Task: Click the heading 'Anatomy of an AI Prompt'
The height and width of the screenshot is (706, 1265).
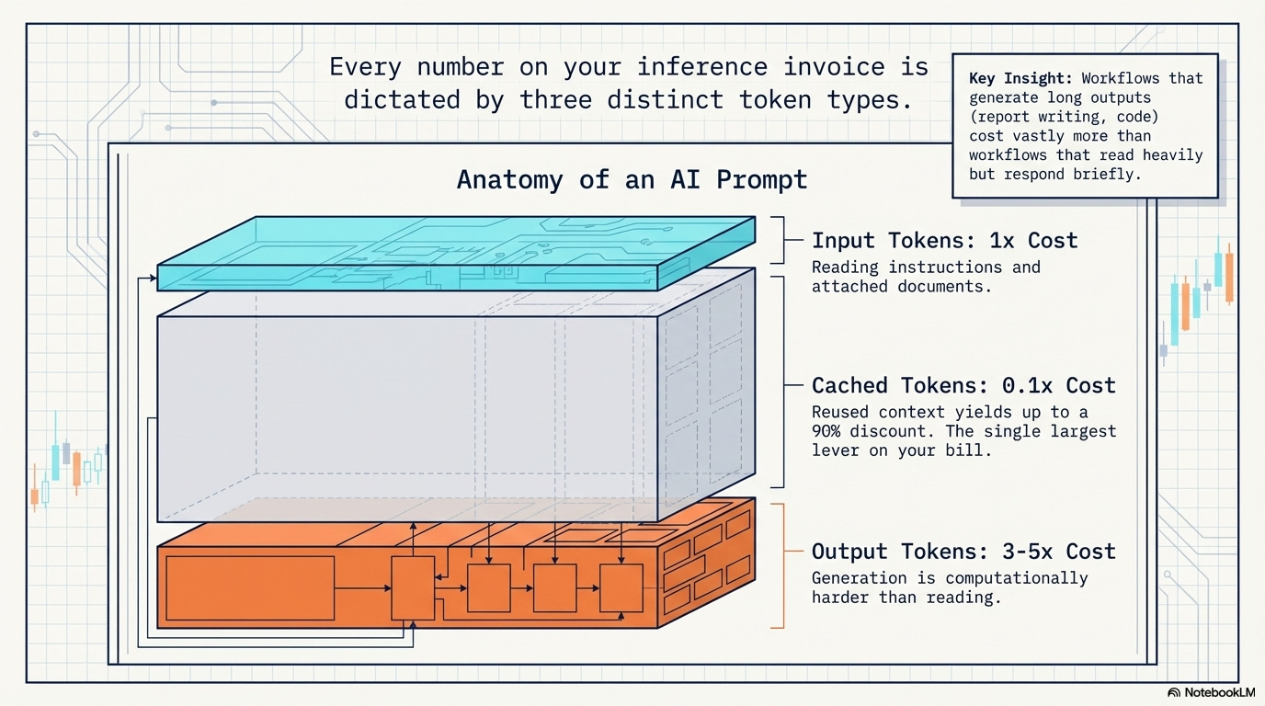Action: pyautogui.click(x=632, y=178)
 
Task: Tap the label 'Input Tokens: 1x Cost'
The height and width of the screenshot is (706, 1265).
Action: pyautogui.click(x=944, y=241)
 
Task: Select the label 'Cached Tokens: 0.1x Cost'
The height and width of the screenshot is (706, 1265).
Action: pyautogui.click(x=963, y=385)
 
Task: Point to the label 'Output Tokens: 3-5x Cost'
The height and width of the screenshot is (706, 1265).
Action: pyautogui.click(x=963, y=552)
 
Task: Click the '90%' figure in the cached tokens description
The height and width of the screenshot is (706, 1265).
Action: pyautogui.click(x=830, y=431)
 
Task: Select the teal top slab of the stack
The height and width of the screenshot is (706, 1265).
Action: pyautogui.click(x=455, y=253)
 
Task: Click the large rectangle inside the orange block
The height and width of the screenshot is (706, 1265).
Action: pyautogui.click(x=249, y=587)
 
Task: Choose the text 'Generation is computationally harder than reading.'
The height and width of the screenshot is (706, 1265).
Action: pyautogui.click(x=949, y=587)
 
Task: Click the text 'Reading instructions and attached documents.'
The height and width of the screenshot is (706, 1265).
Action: pyautogui.click(x=926, y=277)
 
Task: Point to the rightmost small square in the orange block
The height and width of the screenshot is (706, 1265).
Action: pyautogui.click(x=621, y=587)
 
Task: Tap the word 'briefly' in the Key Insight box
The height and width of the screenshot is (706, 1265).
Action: pyautogui.click(x=1107, y=174)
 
